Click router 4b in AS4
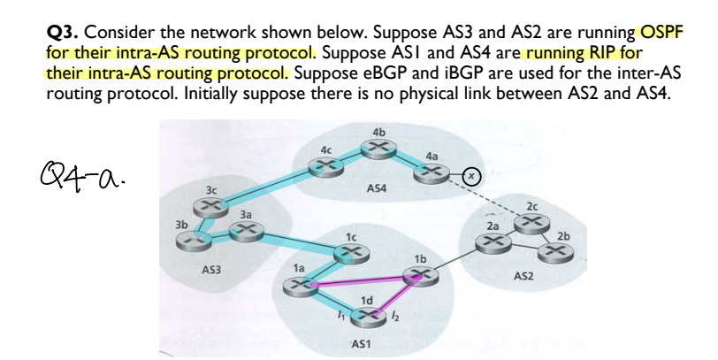[380, 149]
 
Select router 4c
[329, 165]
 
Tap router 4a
[431, 174]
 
